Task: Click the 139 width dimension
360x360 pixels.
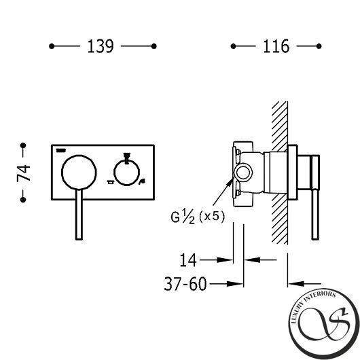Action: [x=101, y=46]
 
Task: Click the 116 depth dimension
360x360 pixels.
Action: [x=276, y=46]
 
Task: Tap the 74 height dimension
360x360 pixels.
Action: [x=23, y=173]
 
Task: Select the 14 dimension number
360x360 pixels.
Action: [x=188, y=260]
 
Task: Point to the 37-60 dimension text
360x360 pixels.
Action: [x=185, y=284]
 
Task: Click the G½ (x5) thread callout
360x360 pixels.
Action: [x=198, y=217]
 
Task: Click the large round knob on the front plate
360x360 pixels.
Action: [x=79, y=173]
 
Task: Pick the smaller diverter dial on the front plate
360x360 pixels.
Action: [x=127, y=173]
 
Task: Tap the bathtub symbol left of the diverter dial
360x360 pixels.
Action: [x=110, y=182]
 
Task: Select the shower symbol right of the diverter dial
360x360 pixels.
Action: [x=143, y=181]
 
